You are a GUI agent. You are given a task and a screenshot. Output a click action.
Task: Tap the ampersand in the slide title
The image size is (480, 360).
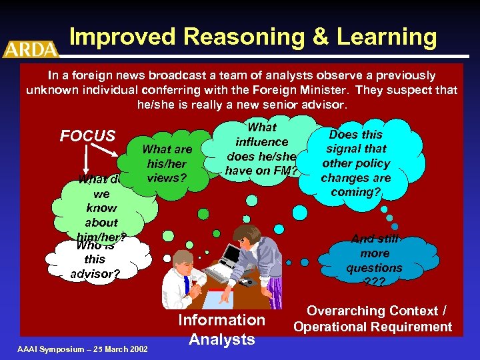point(321,37)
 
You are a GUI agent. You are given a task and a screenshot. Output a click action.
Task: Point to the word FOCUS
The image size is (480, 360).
point(87,136)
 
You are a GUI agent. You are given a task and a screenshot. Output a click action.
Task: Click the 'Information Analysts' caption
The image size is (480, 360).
point(221,329)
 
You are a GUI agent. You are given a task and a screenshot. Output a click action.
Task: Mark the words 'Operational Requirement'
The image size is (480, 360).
point(373,327)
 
